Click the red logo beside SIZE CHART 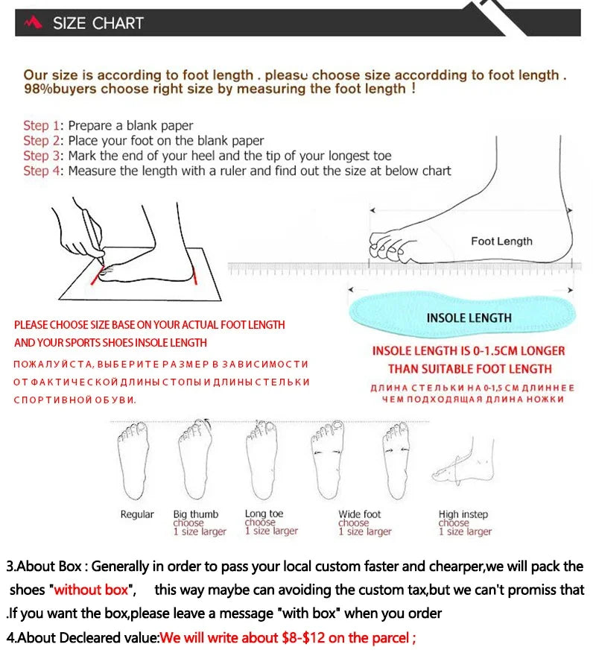click(33, 23)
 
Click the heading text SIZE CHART click(98, 23)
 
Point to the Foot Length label click(501, 241)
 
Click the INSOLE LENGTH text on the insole click(469, 318)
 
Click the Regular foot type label click(137, 514)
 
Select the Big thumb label click(196, 514)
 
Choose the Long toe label click(264, 514)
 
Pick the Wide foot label click(359, 514)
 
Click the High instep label click(463, 514)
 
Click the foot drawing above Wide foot click(326, 460)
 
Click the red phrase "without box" click(91, 590)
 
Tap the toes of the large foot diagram click(385, 245)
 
